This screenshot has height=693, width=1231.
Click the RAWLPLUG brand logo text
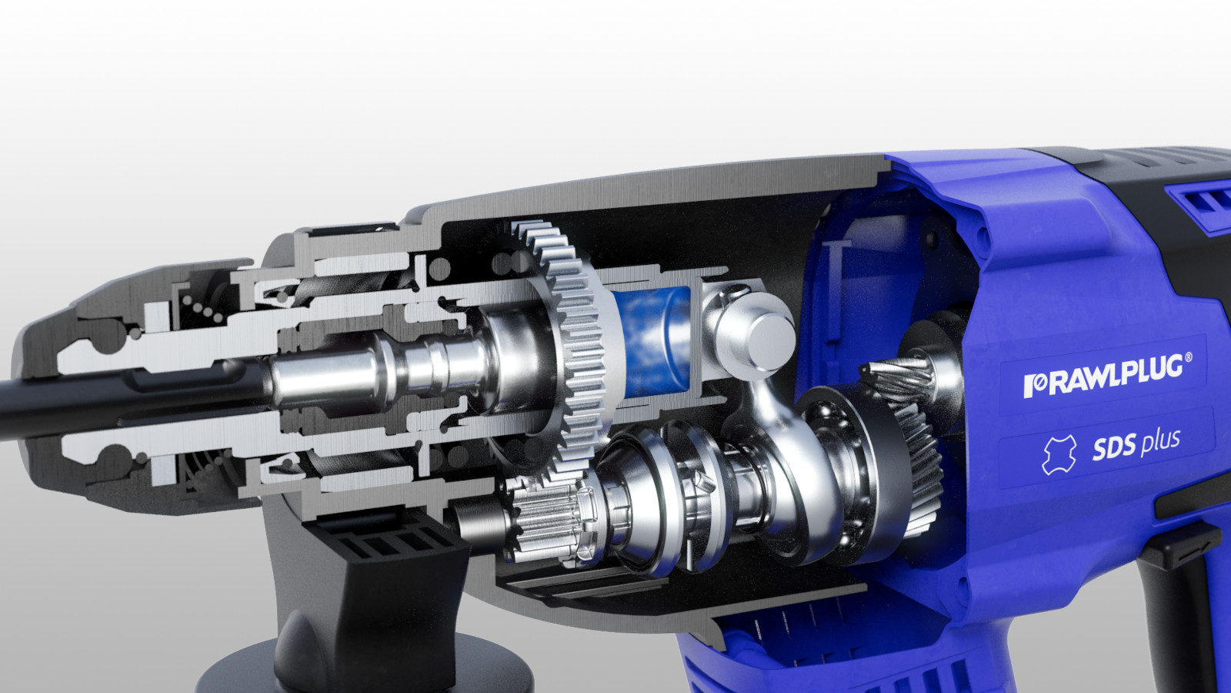tap(1104, 375)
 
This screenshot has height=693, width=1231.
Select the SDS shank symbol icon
tap(1057, 455)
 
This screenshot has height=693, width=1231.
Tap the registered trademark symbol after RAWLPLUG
tap(1189, 357)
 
